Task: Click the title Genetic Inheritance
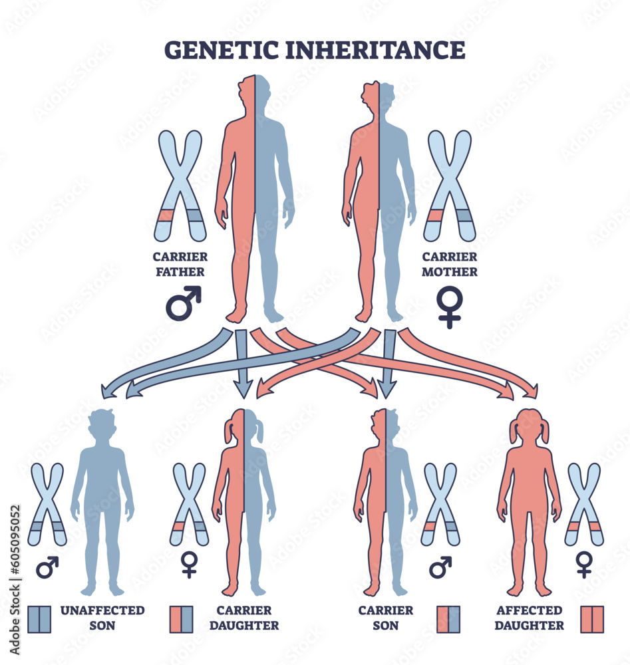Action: [315, 51]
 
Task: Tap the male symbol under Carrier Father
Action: [183, 303]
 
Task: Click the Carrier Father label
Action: [179, 264]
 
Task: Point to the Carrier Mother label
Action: [449, 264]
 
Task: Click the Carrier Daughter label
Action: [243, 617]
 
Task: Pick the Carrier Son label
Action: [386, 617]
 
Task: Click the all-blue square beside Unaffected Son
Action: [40, 618]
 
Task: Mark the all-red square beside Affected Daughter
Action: [591, 618]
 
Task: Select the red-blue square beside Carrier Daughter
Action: [181, 618]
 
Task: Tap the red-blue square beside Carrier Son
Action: [448, 618]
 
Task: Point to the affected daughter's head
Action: [529, 426]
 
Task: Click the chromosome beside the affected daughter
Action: [583, 503]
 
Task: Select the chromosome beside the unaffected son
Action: [47, 503]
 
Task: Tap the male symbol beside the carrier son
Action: [440, 567]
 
